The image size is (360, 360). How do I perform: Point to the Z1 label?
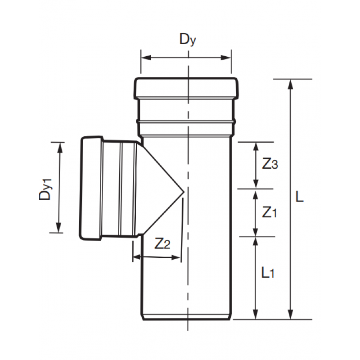(269, 212)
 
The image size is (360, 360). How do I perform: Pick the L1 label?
(268, 272)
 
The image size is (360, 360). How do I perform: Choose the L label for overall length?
(300, 196)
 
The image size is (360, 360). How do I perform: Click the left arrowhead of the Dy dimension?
(144, 58)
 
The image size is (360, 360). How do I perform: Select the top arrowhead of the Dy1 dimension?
(58, 145)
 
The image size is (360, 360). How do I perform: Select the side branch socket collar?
(92, 188)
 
